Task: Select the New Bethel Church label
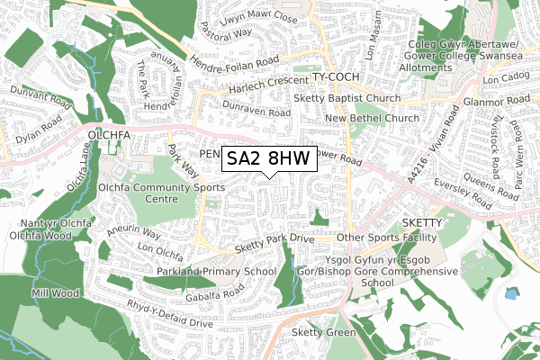(373, 118)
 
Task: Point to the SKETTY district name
(418, 220)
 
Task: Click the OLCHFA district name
(110, 136)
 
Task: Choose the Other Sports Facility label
(384, 238)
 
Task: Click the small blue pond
(510, 293)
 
